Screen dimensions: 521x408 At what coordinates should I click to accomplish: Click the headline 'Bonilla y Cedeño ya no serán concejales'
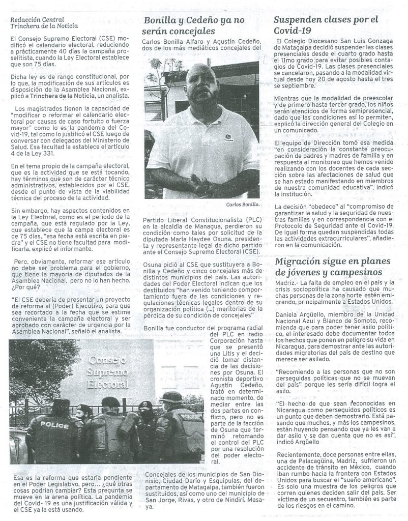[x=195, y=25]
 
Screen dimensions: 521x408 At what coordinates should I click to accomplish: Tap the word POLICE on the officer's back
[x=54, y=425]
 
